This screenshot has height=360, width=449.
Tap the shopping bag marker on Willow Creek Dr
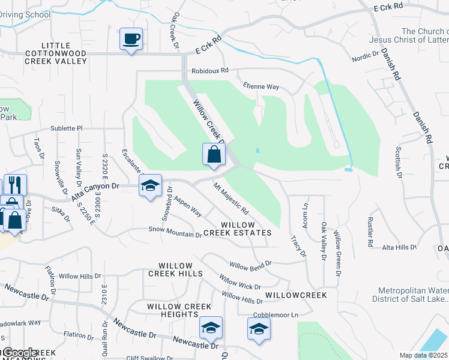(x=214, y=155)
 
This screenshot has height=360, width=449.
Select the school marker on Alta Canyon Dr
(x=150, y=186)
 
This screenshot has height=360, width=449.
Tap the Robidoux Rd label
(x=210, y=70)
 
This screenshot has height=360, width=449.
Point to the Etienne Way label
(x=260, y=86)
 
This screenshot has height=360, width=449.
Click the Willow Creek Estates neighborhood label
(x=246, y=229)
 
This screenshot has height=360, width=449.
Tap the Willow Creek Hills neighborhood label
(x=175, y=269)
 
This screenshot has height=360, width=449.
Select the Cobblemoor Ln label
(x=276, y=314)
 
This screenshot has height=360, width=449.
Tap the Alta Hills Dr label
(x=399, y=247)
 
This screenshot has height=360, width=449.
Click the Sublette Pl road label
(x=66, y=128)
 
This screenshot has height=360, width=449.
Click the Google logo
(x=20, y=352)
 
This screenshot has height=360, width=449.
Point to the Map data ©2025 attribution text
(x=424, y=355)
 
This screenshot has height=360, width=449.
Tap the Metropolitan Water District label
(x=410, y=294)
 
